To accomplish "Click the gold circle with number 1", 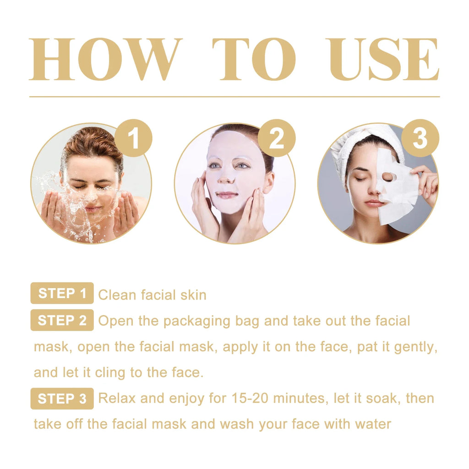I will [x=133, y=138].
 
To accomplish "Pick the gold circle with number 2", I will [x=277, y=138].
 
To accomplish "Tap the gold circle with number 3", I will [x=420, y=138].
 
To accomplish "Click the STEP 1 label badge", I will [x=62, y=294].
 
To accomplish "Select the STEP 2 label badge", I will [x=62, y=320].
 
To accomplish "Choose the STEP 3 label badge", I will [x=62, y=398].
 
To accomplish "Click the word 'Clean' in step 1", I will [x=117, y=295].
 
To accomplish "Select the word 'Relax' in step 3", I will [x=117, y=398].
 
